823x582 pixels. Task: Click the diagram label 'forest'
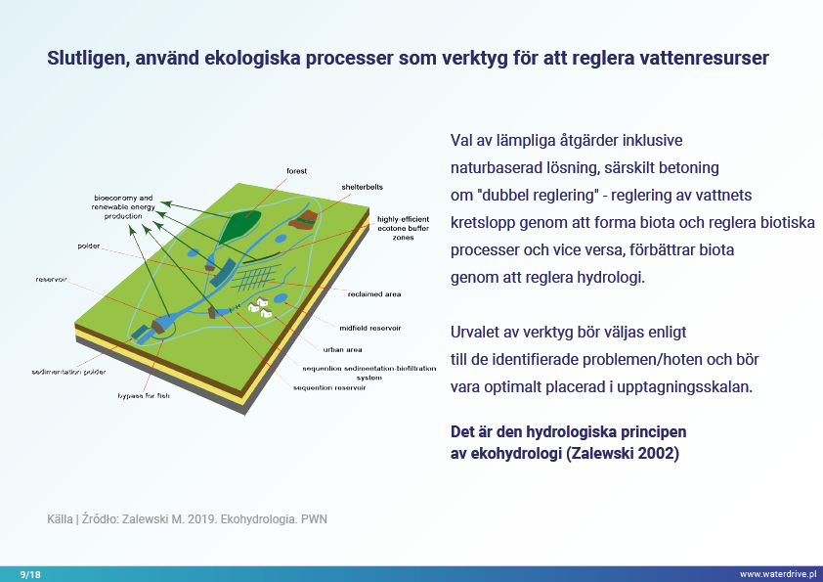coord(296,170)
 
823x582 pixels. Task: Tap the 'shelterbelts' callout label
coord(360,186)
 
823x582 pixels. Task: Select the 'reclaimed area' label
coord(374,293)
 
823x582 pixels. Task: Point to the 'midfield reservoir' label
coord(370,328)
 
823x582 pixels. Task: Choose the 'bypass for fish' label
coord(144,396)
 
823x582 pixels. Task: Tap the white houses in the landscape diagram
coord(259,306)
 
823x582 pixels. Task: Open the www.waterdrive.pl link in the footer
coord(777,573)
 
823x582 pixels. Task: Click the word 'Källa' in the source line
coord(60,518)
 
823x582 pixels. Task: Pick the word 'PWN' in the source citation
coord(314,518)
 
